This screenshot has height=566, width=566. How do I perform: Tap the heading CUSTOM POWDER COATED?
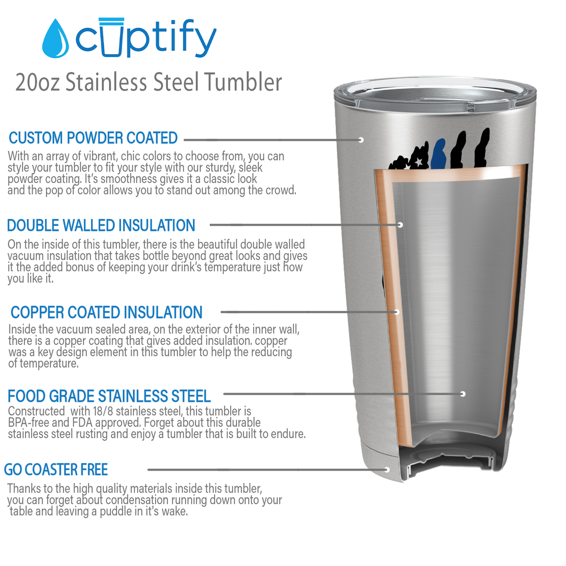click(93, 138)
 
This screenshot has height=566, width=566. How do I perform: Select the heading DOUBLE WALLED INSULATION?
click(101, 225)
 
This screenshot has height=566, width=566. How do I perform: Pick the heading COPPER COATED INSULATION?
click(107, 312)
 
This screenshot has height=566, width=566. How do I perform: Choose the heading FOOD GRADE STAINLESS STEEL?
click(109, 396)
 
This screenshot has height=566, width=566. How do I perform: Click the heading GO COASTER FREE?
click(56, 470)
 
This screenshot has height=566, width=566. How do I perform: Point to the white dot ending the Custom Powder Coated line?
click(361, 140)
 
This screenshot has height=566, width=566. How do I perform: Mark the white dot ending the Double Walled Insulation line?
click(400, 225)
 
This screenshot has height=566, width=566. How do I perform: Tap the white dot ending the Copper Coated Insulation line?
click(397, 312)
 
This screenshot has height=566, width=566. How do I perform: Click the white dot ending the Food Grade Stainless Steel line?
click(463, 394)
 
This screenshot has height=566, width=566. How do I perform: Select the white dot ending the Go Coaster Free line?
click(387, 470)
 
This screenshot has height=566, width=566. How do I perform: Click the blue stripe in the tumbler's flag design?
click(440, 154)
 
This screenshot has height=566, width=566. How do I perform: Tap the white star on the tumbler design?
click(418, 162)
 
